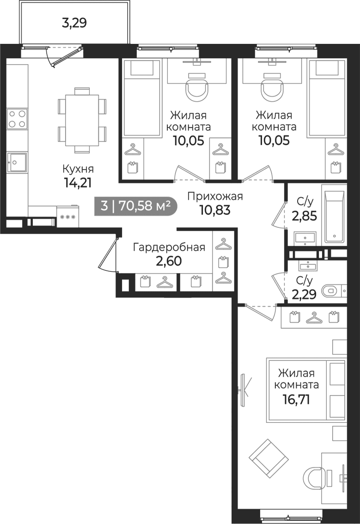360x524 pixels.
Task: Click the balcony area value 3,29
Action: point(74,23)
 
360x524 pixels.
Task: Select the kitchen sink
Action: point(17,162)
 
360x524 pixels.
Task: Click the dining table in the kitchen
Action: point(82,120)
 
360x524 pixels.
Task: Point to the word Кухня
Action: point(78,169)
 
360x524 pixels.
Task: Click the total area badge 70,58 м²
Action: point(135,206)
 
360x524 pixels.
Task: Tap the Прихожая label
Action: point(215,196)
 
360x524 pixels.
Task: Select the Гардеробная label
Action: point(169,247)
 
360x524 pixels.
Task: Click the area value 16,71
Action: point(296,399)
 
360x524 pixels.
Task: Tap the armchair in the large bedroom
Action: point(268,458)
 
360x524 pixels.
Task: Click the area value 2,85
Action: point(304,216)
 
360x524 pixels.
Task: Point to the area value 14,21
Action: point(78,183)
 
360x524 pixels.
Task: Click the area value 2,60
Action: point(169,261)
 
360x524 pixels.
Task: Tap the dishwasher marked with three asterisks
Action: point(68,217)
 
